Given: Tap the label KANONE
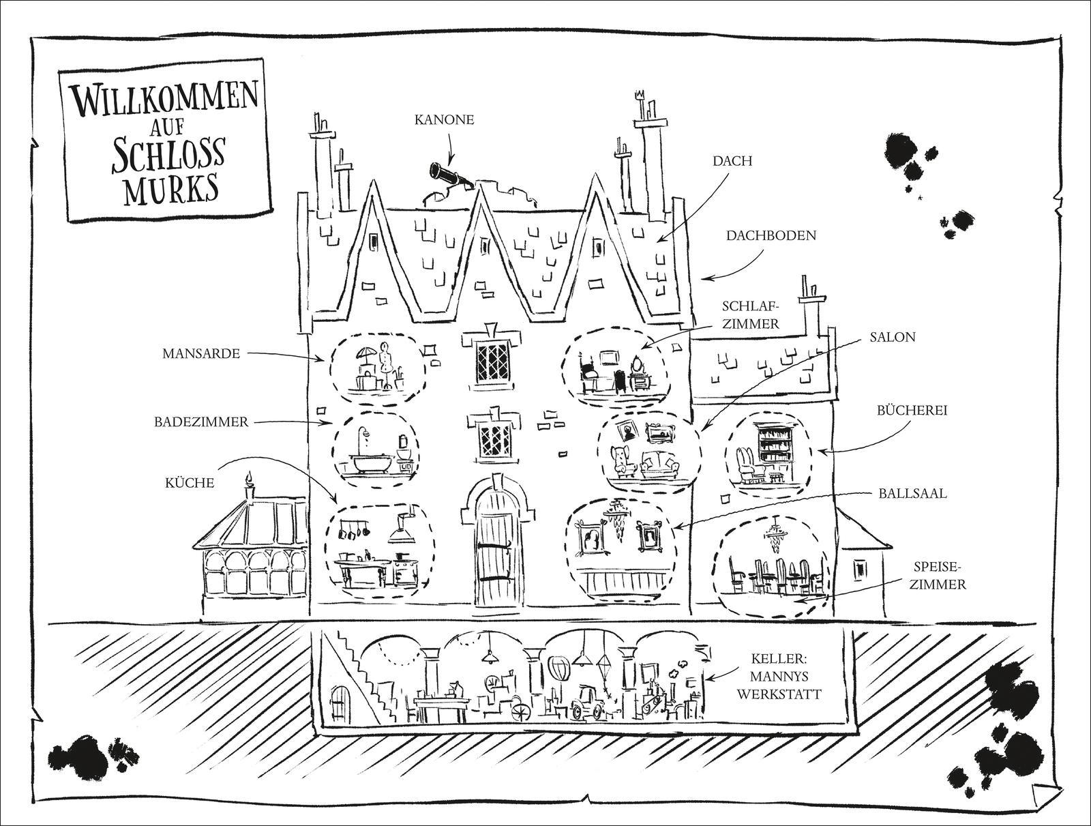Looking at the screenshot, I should click(444, 120).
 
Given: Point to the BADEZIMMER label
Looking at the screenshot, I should click(200, 422).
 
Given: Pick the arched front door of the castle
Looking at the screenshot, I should click(494, 546).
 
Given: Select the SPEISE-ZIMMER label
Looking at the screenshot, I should click(941, 574).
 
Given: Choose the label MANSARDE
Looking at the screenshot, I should click(201, 353).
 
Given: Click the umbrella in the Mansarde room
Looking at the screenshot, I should click(365, 356).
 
